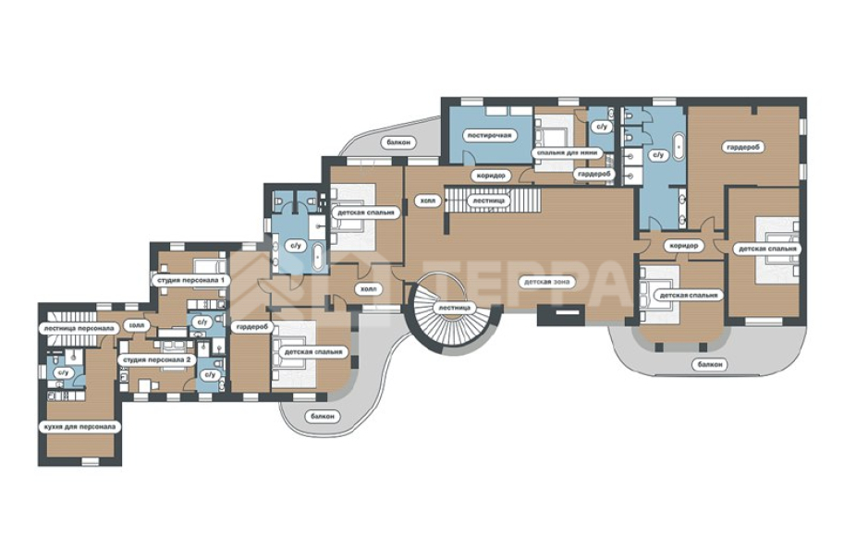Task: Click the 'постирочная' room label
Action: [x=490, y=135]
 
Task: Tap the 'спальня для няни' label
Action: [x=567, y=152]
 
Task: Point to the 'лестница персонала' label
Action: [x=79, y=329]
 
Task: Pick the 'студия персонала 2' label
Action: [x=156, y=360]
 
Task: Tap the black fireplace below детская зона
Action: [x=561, y=315]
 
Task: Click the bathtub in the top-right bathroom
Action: [x=679, y=145]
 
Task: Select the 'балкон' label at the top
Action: [x=397, y=142]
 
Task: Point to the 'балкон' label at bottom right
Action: [x=709, y=364]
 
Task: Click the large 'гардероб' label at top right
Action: [x=743, y=147]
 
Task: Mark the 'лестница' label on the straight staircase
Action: [x=489, y=201]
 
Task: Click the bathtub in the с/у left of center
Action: [x=318, y=257]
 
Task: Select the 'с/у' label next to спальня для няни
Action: [x=601, y=127]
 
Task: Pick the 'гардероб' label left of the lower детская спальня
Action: [x=252, y=327]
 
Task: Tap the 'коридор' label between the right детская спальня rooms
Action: [x=683, y=246]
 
